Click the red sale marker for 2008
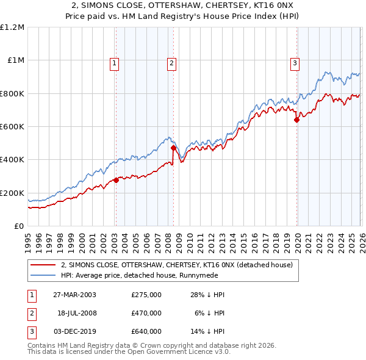coord(173,148)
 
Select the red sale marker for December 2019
coord(296,120)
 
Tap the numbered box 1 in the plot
coord(115,62)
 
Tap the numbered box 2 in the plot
coord(172,62)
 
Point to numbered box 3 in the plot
coord(295,62)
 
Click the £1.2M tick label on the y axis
coord(12,27)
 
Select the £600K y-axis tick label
coord(12,127)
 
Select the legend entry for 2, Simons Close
coord(177,265)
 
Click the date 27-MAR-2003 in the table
coord(74,295)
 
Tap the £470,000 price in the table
coord(146,313)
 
